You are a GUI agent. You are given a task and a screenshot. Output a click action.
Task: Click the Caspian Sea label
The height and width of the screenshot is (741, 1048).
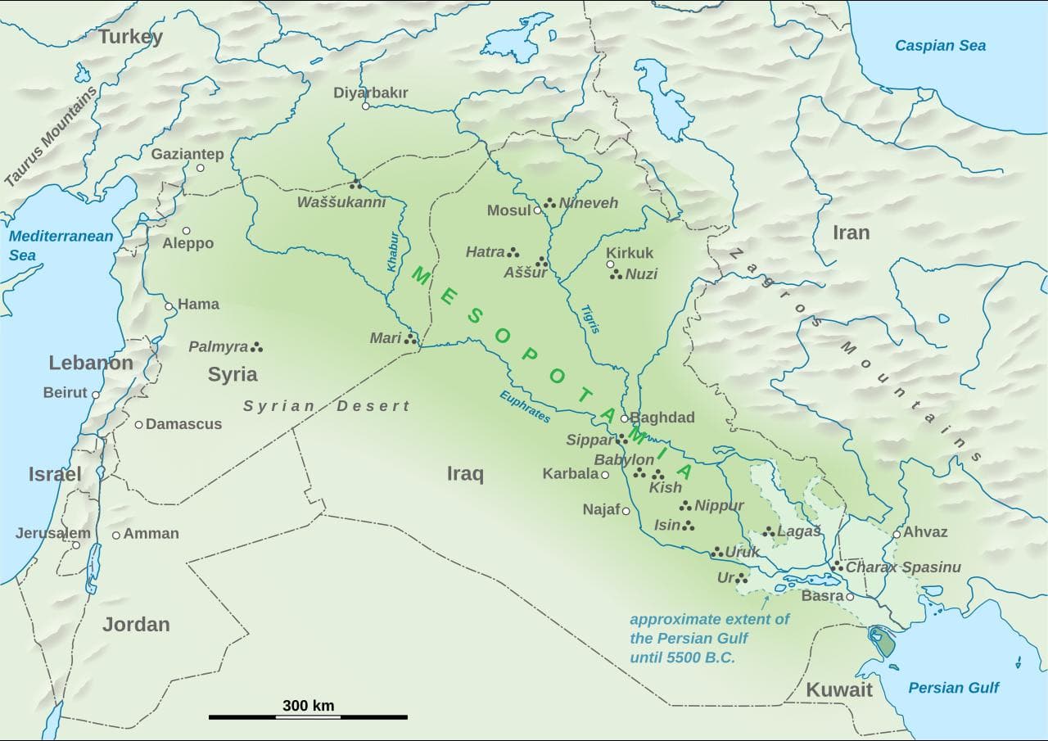(x=940, y=46)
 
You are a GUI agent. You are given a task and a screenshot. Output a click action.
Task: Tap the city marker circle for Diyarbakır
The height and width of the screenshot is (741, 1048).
(x=366, y=106)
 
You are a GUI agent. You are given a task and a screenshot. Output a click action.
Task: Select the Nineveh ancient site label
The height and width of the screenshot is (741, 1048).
(x=588, y=203)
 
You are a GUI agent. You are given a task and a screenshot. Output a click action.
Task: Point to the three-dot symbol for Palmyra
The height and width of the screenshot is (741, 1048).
(x=257, y=347)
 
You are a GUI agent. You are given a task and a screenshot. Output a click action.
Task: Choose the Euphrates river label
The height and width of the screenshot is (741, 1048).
(x=525, y=405)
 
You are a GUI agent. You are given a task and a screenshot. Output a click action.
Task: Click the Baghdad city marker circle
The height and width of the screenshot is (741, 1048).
(x=624, y=418)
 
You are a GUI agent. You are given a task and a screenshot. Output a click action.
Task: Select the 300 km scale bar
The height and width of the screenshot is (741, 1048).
(x=308, y=716)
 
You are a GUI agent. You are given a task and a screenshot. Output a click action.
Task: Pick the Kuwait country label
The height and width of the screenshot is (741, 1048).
(x=839, y=689)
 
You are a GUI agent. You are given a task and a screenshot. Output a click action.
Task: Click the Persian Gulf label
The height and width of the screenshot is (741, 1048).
(x=953, y=688)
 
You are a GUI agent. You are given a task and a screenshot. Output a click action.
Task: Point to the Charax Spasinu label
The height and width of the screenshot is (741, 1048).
(x=902, y=567)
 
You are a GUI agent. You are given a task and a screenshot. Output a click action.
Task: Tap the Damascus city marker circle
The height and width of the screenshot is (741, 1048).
(x=139, y=424)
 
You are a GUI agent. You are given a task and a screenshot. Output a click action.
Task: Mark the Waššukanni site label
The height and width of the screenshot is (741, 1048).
(x=341, y=202)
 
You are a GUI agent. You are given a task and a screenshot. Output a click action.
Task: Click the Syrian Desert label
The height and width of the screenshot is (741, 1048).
(x=326, y=406)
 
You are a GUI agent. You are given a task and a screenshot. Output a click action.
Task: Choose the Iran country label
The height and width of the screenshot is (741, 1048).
(x=851, y=233)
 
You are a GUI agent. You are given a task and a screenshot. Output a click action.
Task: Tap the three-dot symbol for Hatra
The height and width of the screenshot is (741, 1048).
(x=513, y=252)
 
